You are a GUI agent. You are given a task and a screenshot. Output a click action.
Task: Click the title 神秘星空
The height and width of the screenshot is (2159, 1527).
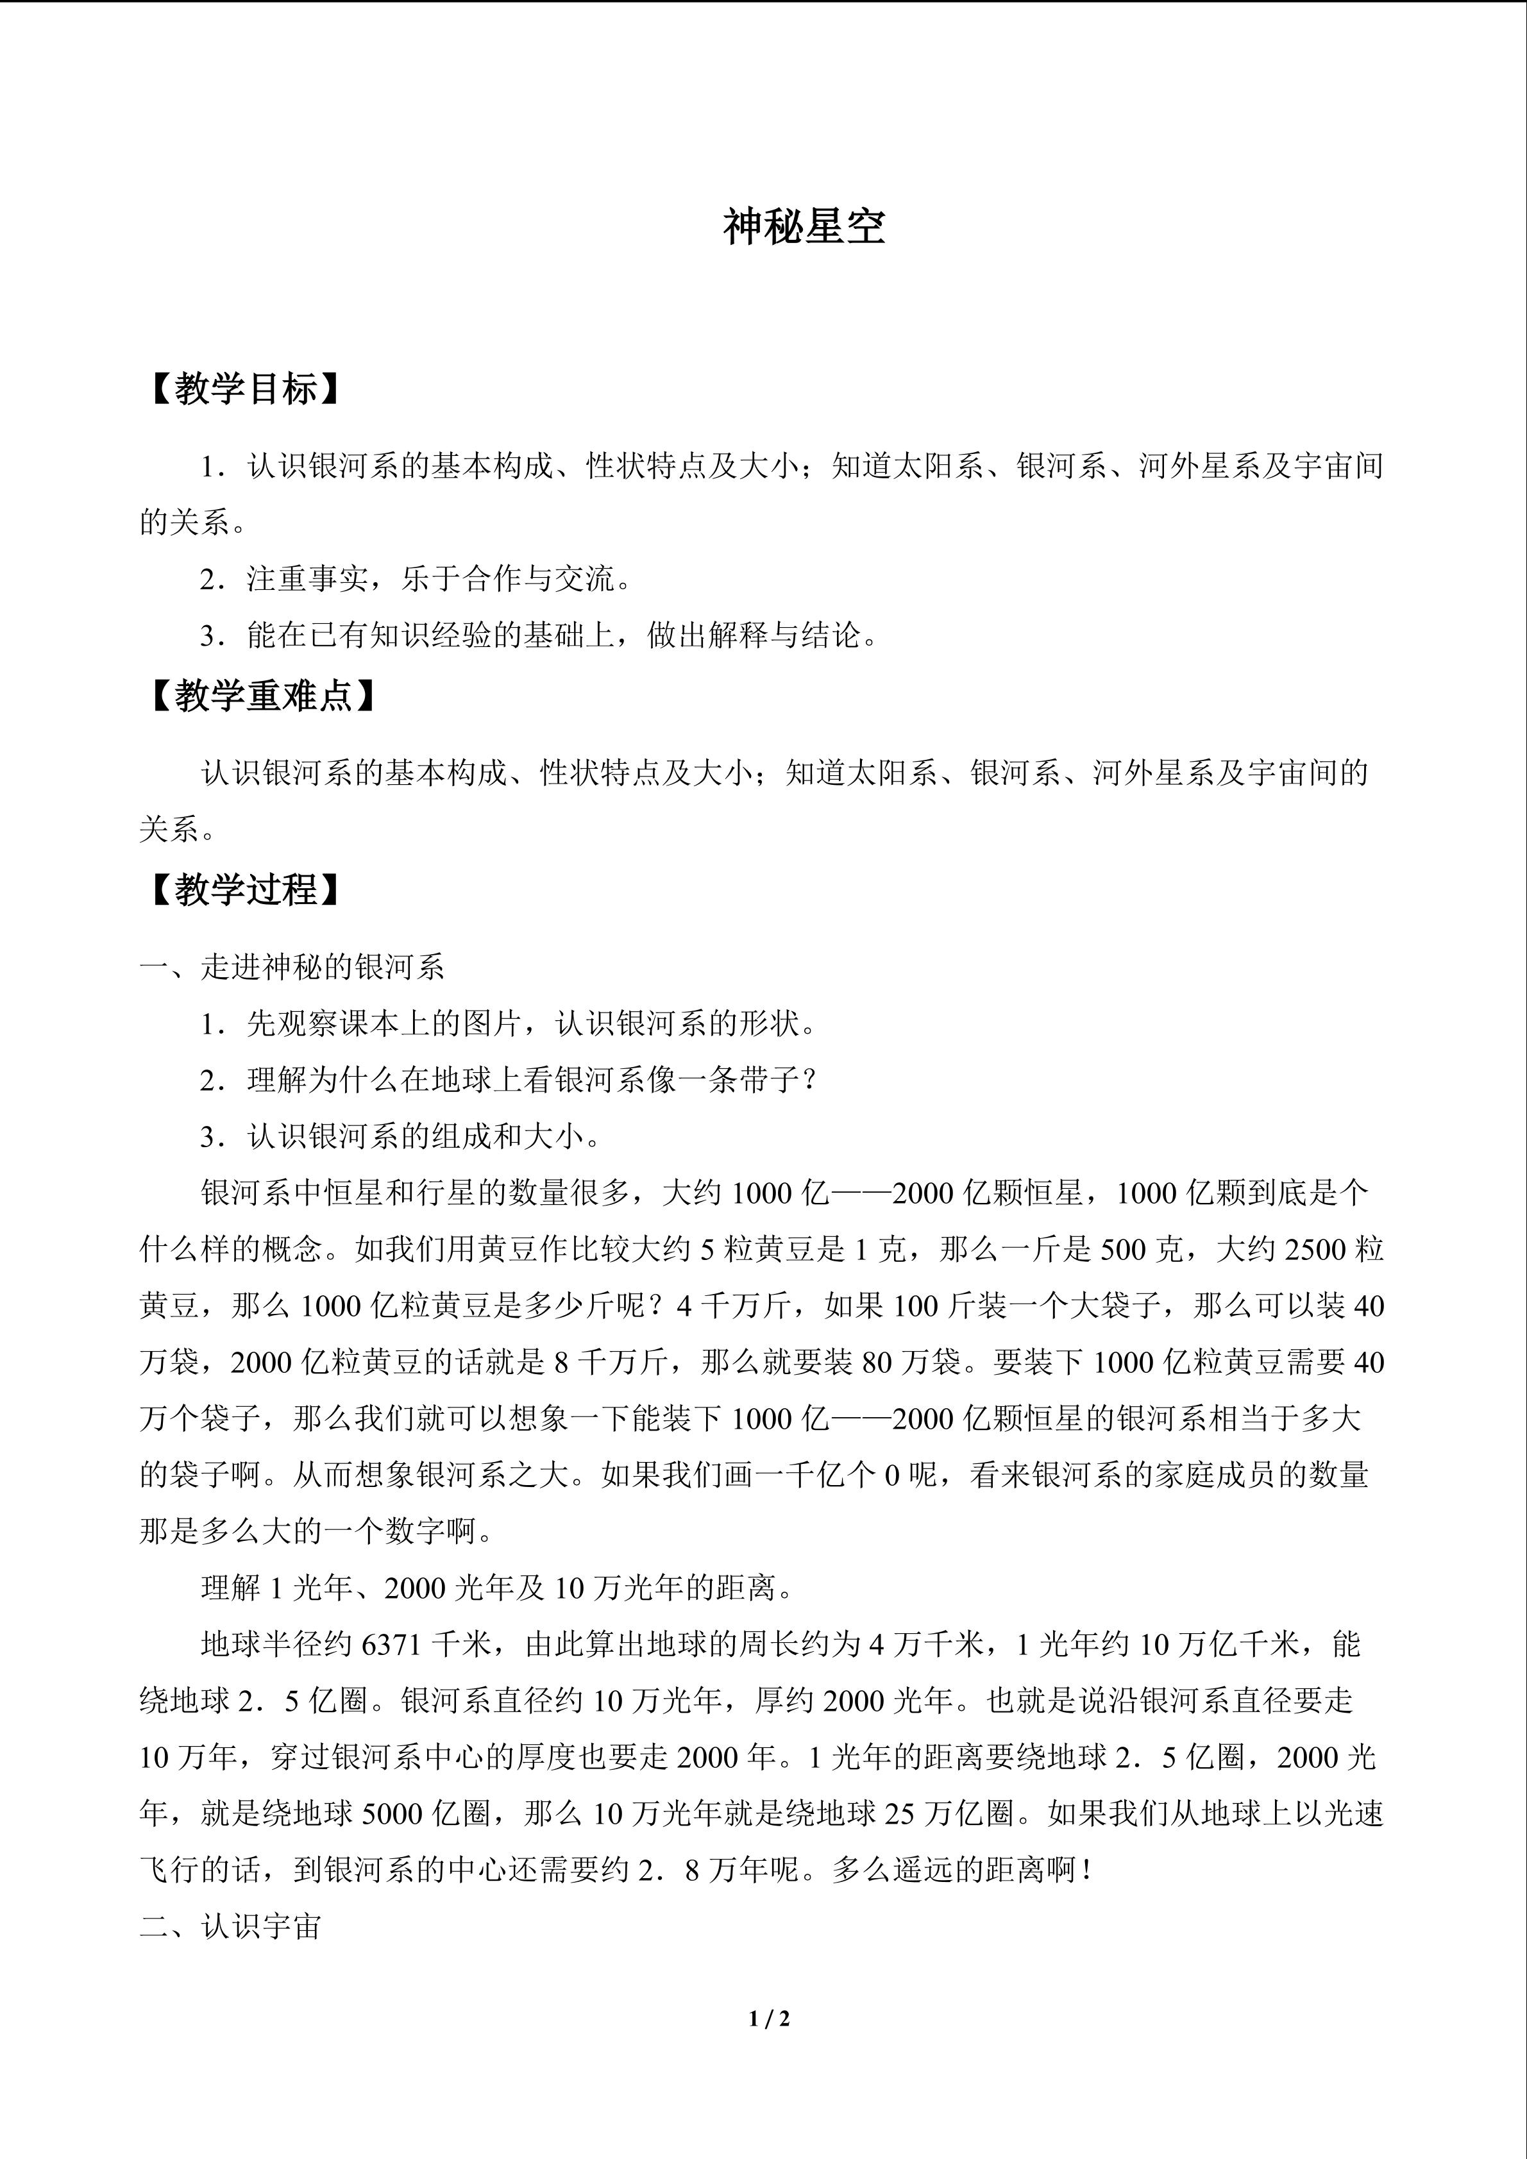804,228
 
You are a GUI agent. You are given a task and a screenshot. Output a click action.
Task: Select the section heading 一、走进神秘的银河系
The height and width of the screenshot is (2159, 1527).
292,967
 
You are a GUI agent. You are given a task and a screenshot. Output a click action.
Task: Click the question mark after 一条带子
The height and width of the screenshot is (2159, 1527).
811,1080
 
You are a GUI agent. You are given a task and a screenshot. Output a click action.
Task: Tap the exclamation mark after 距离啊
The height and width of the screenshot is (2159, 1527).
1087,1869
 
